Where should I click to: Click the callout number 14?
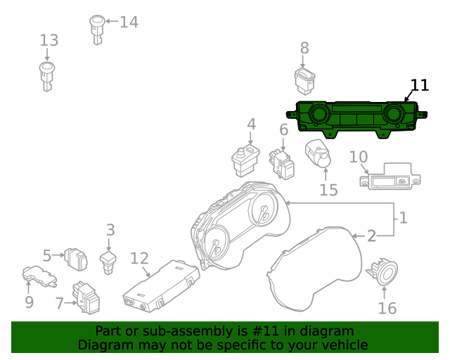[x=129, y=22]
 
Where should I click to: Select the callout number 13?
[x=49, y=40]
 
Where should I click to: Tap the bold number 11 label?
[x=420, y=85]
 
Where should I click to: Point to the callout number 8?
[x=304, y=48]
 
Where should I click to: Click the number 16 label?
[x=387, y=309]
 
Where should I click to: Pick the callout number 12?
[x=139, y=258]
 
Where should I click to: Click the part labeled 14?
[x=97, y=30]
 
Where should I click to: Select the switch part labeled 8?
[x=304, y=81]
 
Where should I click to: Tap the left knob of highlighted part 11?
[x=318, y=113]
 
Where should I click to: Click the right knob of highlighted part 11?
[x=394, y=113]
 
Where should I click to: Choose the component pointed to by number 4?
[x=245, y=161]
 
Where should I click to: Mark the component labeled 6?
[x=282, y=164]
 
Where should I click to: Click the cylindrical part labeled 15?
[x=318, y=153]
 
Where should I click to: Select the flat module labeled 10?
[x=390, y=176]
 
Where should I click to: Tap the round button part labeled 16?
[x=382, y=273]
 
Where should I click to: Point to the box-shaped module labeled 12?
[x=161, y=286]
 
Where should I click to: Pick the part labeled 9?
[x=39, y=276]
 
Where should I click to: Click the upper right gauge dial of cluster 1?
[x=265, y=210]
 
